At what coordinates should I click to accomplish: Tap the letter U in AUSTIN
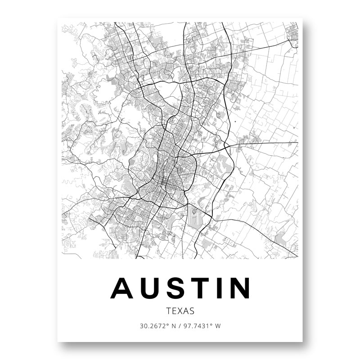[x=152, y=288]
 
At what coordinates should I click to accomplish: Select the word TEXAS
[x=180, y=310]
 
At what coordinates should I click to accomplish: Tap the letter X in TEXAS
[x=180, y=310]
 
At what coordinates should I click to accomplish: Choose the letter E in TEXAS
[x=174, y=310]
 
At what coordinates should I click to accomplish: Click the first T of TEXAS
[x=168, y=310]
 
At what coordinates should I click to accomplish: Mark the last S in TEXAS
[x=192, y=310]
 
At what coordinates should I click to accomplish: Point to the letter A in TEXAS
[x=186, y=310]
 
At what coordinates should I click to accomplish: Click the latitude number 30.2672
[x=152, y=326]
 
